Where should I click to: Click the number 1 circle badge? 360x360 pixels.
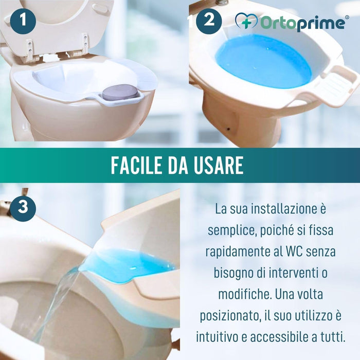pos(23,21)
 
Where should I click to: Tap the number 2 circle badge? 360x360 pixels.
pos(209,21)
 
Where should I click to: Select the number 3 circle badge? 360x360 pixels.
pos(23,208)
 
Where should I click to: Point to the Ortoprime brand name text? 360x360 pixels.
pos(303,23)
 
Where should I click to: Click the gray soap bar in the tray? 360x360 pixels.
pos(120,92)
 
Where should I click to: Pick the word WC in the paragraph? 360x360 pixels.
pos(293,251)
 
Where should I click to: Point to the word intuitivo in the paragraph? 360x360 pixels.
pos(217,337)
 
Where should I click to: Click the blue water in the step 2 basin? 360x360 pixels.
pos(263,61)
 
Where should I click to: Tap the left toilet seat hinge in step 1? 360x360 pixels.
pos(30,49)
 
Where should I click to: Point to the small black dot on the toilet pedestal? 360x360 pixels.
pos(228,129)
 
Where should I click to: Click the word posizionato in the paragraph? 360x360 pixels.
pos(230,316)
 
